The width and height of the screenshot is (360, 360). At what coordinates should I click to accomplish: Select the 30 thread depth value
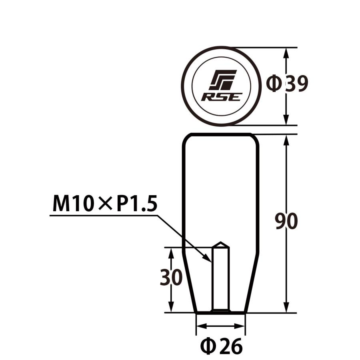[171, 278]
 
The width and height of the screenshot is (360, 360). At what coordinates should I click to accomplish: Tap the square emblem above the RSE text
[223, 80]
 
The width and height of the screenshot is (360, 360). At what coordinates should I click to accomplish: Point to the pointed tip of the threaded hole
[220, 243]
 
